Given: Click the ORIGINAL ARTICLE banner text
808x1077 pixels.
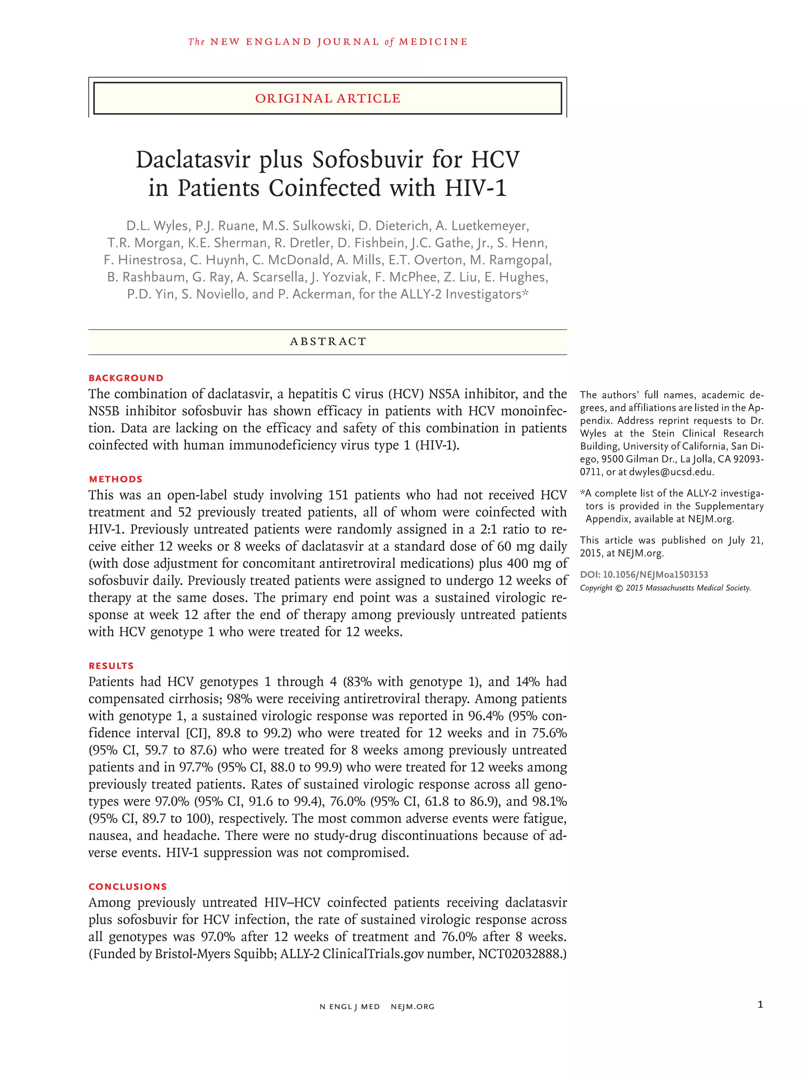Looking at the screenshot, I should click(327, 98).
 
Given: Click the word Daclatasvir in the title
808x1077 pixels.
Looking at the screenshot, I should click(193, 160).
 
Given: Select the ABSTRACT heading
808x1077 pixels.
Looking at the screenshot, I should click(328, 342).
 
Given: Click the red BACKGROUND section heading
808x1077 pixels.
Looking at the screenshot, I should click(125, 378).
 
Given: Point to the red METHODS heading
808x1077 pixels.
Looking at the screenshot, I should click(116, 479).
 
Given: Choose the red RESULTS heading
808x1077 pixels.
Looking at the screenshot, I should click(111, 666).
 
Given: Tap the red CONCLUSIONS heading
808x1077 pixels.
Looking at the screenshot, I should click(127, 886).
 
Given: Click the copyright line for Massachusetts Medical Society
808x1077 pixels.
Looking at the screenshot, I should click(665, 588).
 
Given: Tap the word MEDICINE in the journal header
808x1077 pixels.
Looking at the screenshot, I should click(433, 42).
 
